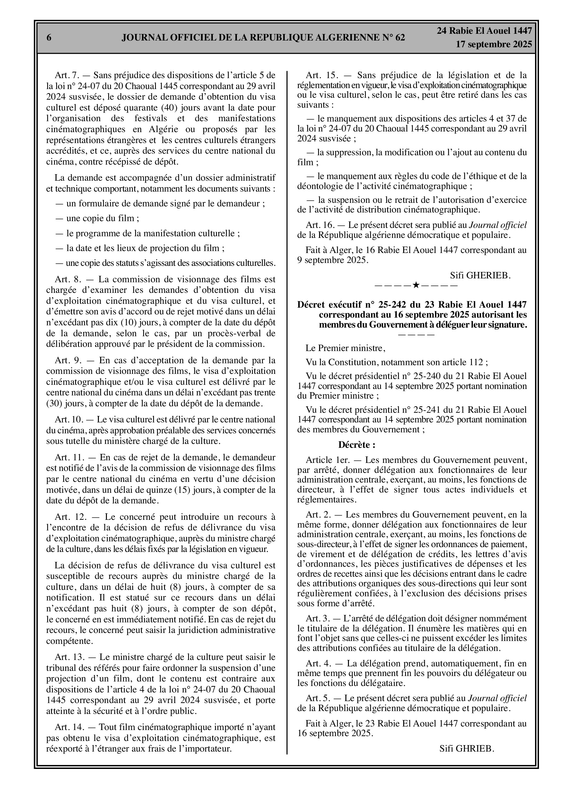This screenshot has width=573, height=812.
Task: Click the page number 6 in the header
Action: click(x=49, y=38)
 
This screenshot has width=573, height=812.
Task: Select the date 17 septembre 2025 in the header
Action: click(x=493, y=45)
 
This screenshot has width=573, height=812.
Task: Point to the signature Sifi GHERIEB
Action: click(x=480, y=275)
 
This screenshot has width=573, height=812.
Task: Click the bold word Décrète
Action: click(x=357, y=445)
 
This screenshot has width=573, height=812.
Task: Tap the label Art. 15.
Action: click(x=320, y=75)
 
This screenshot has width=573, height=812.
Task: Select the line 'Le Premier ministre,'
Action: click(x=345, y=348)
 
